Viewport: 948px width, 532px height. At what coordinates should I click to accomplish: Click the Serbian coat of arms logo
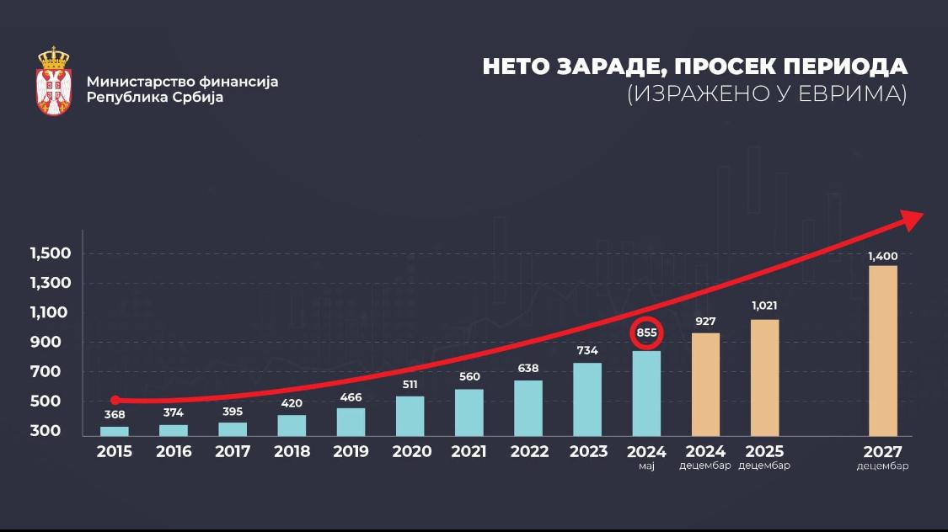pyautogui.click(x=54, y=82)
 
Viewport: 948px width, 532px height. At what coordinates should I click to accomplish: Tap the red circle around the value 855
pyautogui.click(x=646, y=332)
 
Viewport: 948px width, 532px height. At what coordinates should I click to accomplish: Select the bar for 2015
pyautogui.click(x=115, y=431)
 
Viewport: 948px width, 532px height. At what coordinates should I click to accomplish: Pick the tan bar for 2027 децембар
pyautogui.click(x=882, y=350)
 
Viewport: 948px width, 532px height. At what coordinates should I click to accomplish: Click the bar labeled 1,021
pyautogui.click(x=764, y=377)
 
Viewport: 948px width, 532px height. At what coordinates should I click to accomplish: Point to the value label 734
pyautogui.click(x=587, y=350)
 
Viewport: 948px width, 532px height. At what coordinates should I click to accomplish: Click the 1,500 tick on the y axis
pyautogui.click(x=51, y=253)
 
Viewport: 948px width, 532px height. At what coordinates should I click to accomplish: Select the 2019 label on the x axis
pyautogui.click(x=351, y=451)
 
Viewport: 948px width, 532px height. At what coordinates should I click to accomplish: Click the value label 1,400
pyautogui.click(x=882, y=256)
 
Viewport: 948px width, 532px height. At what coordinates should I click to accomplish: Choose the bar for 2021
pyautogui.click(x=469, y=412)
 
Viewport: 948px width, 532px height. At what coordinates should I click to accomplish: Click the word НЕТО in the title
pyautogui.click(x=514, y=67)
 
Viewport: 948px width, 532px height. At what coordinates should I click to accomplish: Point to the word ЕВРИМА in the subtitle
pyautogui.click(x=854, y=94)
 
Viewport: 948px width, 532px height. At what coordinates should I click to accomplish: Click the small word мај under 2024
pyautogui.click(x=646, y=465)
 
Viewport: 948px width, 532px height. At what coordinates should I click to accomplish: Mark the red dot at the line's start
pyautogui.click(x=115, y=400)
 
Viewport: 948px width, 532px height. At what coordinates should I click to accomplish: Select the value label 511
pyautogui.click(x=410, y=385)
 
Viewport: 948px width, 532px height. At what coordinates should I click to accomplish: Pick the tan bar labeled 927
pyautogui.click(x=705, y=384)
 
